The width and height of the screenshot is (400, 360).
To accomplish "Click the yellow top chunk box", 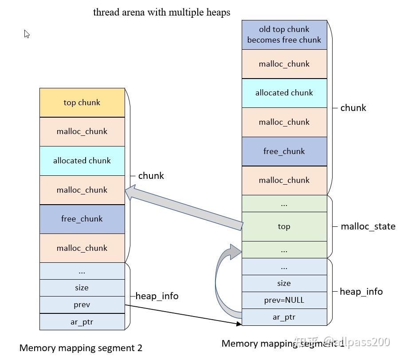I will click(x=82, y=103).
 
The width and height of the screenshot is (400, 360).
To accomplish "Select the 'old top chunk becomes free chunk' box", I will click(x=284, y=35).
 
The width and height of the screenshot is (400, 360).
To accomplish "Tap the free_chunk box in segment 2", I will click(x=82, y=219).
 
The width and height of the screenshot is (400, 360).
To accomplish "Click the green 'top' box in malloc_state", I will click(x=284, y=226).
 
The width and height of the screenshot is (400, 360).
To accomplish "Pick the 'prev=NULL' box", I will click(x=284, y=300).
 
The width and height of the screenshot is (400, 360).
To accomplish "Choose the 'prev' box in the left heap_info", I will click(x=82, y=305).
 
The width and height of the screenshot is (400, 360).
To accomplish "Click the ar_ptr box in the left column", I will click(x=82, y=322).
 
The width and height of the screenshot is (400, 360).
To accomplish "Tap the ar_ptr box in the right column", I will click(x=284, y=317).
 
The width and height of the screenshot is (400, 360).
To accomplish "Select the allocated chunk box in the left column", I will click(x=82, y=161).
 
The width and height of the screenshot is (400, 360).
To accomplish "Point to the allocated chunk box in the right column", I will click(x=284, y=93).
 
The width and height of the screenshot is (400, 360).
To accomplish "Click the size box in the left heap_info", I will click(x=82, y=288).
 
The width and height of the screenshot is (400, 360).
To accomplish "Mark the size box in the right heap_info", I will click(x=284, y=283).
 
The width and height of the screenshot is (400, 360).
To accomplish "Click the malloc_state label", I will click(x=368, y=226).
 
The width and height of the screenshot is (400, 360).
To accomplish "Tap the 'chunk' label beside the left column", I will click(x=151, y=176).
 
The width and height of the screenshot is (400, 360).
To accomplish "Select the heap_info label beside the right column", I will click(x=361, y=292).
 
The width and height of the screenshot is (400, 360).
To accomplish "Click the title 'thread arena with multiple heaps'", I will click(x=161, y=12).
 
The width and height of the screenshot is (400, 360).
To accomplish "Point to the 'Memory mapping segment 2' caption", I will click(x=81, y=348).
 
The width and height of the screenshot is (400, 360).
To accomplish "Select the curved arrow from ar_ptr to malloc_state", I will click(x=222, y=280).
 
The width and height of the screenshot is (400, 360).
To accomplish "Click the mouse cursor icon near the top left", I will click(x=27, y=34).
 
